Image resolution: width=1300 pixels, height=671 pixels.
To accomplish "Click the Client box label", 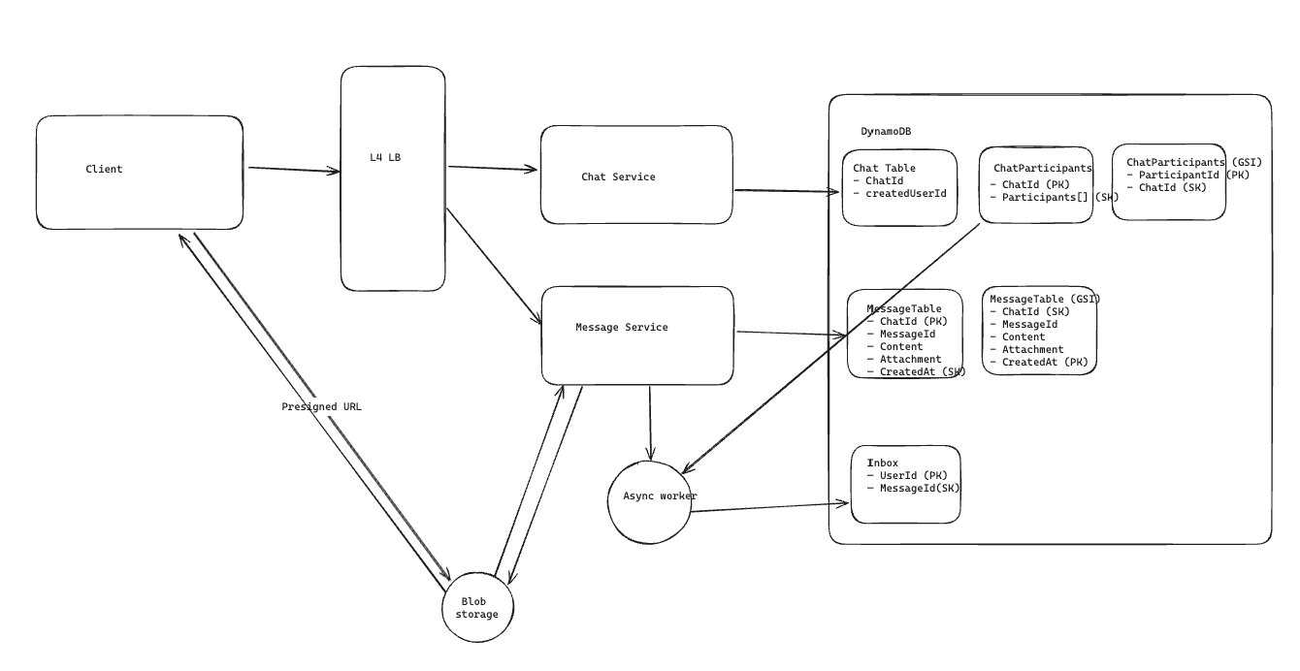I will coord(104,170).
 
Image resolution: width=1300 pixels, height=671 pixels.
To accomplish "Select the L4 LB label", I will coord(385,158).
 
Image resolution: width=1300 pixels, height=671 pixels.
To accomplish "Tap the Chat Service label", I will coord(618,177).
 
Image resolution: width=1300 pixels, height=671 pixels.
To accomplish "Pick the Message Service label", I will coord(621,328).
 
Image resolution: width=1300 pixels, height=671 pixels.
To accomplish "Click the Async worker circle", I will coord(650,502).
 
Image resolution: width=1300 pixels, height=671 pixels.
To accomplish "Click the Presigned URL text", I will coord(321,407).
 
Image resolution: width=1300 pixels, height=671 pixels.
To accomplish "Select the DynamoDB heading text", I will coord(886,132).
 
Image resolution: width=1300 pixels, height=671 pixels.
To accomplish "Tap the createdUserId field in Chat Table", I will coord(905,193).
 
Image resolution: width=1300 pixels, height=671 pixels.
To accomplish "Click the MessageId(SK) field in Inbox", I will coord(919,489).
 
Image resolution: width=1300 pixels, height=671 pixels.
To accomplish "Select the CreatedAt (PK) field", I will coord(1044,362).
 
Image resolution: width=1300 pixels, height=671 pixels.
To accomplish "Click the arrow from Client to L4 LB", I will coord(293,170).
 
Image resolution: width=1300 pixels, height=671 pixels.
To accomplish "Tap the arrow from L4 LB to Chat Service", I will coord(492,168).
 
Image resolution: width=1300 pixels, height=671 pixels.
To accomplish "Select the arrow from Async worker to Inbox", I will coord(770,507).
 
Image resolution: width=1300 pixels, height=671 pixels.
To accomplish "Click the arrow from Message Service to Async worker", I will coord(650,422).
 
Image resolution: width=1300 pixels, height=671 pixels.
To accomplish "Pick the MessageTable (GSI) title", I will coord(1045,299).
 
